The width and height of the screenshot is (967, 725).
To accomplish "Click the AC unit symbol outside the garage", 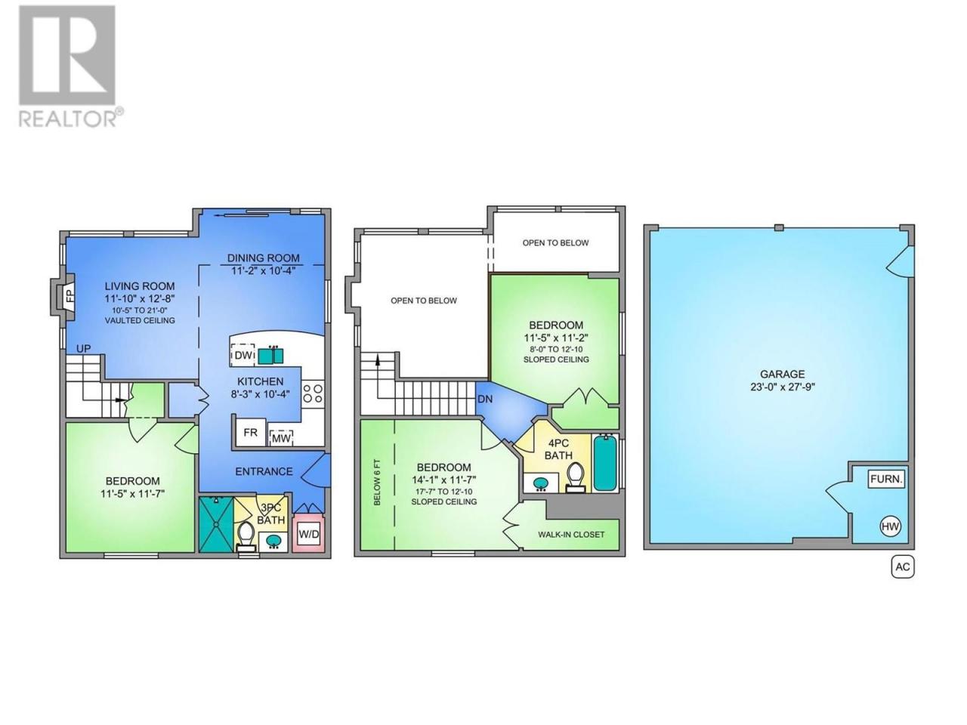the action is (902, 566).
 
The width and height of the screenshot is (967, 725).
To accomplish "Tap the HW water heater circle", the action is (890, 526).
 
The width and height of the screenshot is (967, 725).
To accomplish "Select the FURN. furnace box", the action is (886, 479).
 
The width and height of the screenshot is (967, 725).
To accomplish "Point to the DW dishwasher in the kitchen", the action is (243, 356).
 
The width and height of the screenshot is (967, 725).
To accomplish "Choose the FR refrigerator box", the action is (250, 432).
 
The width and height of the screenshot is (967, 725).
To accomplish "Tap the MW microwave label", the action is (281, 438).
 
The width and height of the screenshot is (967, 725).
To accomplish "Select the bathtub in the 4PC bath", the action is (604, 463).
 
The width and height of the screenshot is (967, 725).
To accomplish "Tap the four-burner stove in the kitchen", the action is (312, 393).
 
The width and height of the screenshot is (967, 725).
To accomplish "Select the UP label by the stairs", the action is (83, 349).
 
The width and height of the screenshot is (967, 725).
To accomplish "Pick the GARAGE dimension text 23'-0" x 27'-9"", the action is (783, 387).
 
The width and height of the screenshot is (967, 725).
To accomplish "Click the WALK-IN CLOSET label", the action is (571, 535).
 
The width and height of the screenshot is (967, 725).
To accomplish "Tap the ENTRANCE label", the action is (264, 471).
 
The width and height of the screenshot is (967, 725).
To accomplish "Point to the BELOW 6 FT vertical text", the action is (377, 482).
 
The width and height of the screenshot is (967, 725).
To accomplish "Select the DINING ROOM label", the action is (263, 258).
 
